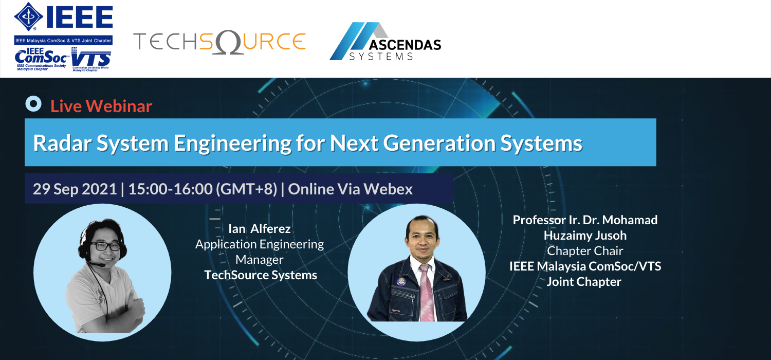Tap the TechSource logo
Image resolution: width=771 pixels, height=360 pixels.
tap(219, 42)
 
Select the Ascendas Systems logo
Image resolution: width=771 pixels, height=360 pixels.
tap(385, 42)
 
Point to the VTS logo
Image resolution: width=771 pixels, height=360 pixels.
tap(90, 59)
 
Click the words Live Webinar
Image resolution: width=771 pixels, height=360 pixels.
tap(101, 106)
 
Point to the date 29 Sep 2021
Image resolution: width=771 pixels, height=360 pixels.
tap(75, 189)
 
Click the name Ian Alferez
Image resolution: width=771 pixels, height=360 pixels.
tap(259, 229)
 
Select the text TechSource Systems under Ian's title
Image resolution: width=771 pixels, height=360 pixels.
tap(261, 275)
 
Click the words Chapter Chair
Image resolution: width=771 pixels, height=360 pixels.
tap(585, 251)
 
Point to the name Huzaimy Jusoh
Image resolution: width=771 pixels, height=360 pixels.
tap(585, 236)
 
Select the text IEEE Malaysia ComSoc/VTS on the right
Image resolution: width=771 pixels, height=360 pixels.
tap(585, 266)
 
